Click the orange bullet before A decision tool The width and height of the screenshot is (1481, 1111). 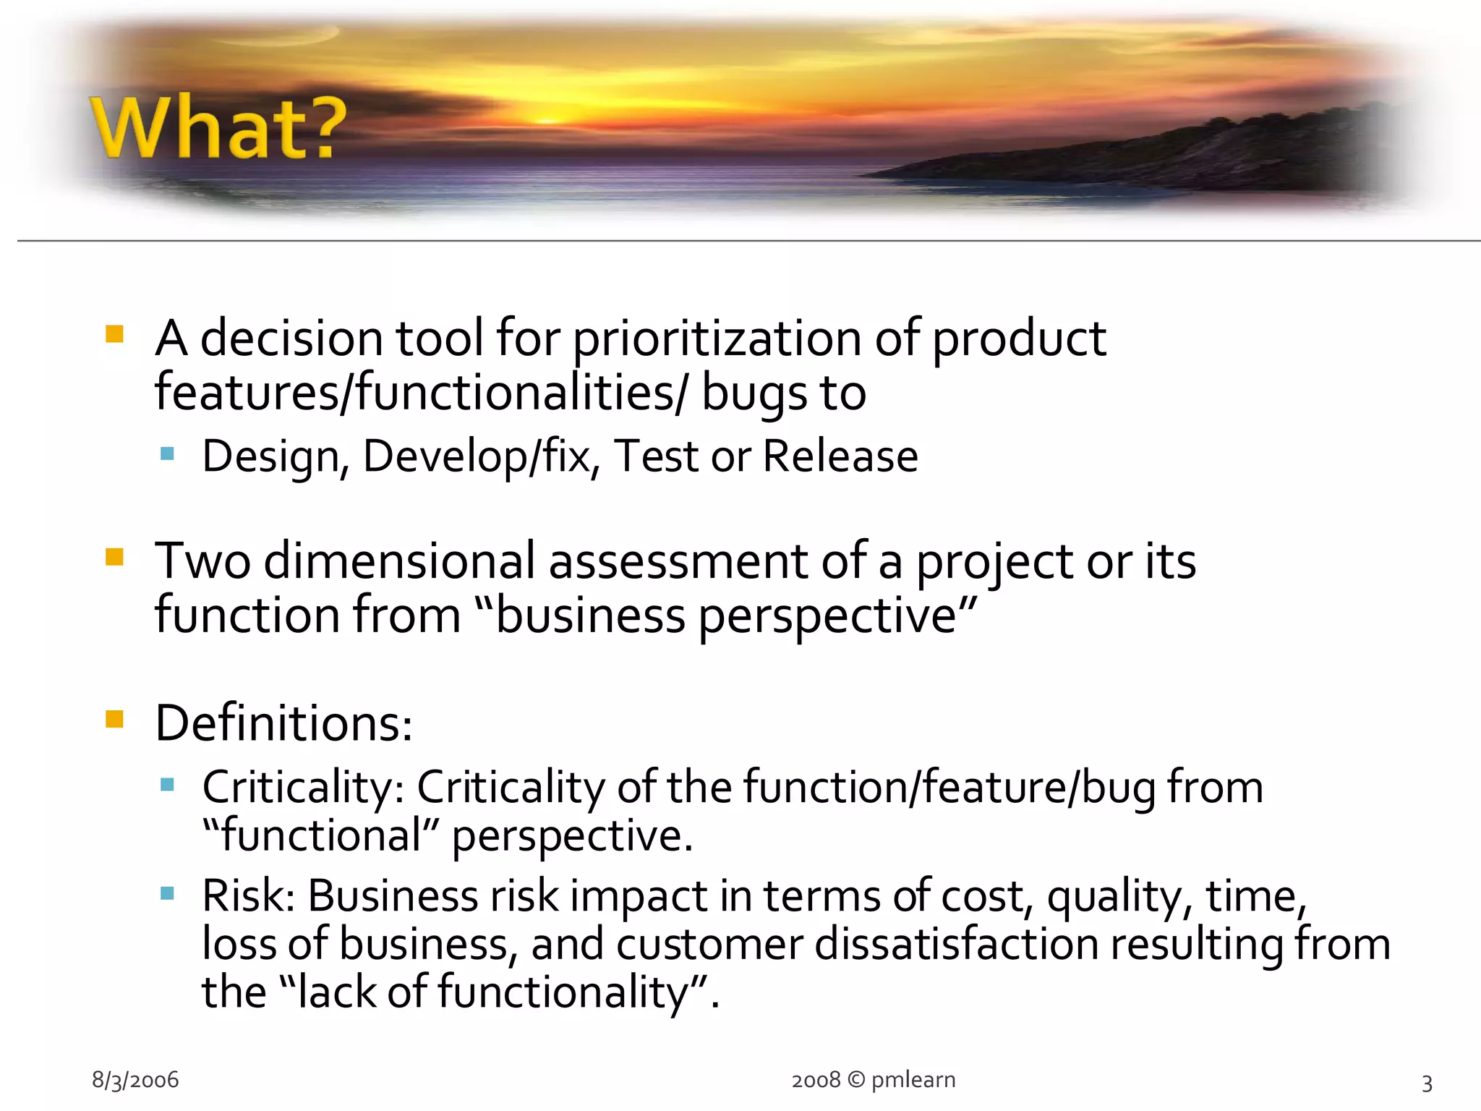114,334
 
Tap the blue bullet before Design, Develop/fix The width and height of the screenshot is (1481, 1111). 168,454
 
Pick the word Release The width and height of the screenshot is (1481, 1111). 840,456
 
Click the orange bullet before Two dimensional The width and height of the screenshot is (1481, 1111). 114,557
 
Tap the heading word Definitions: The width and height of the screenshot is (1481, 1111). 283,723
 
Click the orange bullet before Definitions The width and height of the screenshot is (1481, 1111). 114,719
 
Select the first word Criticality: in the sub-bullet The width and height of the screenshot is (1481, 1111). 303,788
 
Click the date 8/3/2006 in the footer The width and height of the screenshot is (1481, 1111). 135,1080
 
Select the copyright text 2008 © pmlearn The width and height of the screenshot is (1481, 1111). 873,1080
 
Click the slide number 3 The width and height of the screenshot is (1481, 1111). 1427,1083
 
